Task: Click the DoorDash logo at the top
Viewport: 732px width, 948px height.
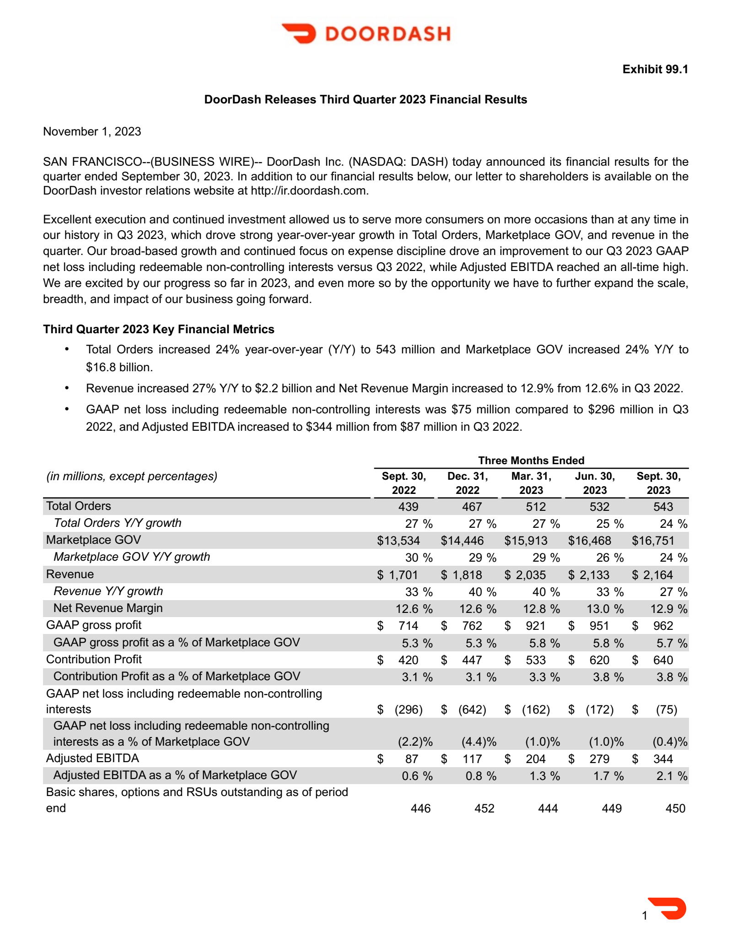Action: pyautogui.click(x=366, y=33)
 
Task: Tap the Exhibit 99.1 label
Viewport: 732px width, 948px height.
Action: pyautogui.click(x=655, y=69)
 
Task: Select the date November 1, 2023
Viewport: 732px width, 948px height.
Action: pyautogui.click(x=92, y=131)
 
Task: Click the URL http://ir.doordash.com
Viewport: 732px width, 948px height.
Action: pyautogui.click(x=309, y=190)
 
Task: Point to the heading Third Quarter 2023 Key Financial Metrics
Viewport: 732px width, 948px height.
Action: pyautogui.click(x=158, y=329)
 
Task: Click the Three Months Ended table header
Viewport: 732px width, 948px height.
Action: pyautogui.click(x=531, y=460)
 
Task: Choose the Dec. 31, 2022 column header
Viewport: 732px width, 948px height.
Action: pyautogui.click(x=467, y=483)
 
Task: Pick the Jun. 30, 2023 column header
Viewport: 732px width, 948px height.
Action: pyautogui.click(x=594, y=483)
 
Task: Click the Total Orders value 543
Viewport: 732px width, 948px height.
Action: pyautogui.click(x=663, y=507)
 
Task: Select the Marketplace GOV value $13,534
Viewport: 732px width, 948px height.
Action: pyautogui.click(x=398, y=541)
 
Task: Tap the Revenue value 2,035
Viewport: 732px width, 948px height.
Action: pyautogui.click(x=530, y=575)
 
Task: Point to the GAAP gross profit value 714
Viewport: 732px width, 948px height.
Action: pyautogui.click(x=408, y=626)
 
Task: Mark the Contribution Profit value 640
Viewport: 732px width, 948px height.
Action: pyautogui.click(x=663, y=660)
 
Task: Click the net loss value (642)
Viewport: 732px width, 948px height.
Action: pyautogui.click(x=472, y=710)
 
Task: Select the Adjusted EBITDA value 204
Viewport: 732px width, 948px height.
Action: pyautogui.click(x=535, y=759)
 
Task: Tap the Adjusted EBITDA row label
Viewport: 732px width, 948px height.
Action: pyautogui.click(x=92, y=758)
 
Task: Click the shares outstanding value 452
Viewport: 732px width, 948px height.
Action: pyautogui.click(x=484, y=808)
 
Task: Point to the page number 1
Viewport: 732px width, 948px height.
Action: pyautogui.click(x=645, y=915)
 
